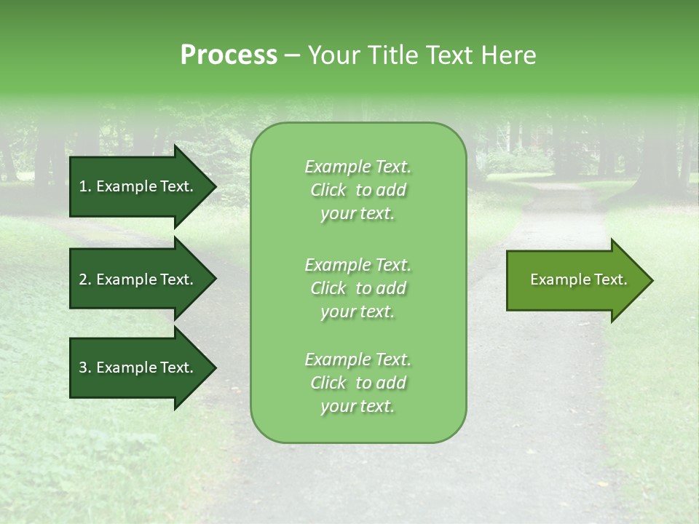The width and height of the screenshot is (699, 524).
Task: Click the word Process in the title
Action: pos(229,56)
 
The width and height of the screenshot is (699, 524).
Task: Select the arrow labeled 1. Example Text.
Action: pos(143,186)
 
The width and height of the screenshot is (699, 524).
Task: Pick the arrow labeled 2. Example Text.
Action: pos(143,279)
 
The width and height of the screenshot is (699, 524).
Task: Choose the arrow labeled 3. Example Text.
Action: pos(143,368)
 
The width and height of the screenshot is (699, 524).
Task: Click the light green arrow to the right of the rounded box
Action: pos(580,280)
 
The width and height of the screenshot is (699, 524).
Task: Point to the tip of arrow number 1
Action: pos(217,186)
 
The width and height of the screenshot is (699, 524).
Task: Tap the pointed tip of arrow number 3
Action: pos(217,368)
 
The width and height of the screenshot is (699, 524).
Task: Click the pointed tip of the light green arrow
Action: pos(653,280)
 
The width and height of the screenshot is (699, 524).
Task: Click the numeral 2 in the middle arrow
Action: pos(83,279)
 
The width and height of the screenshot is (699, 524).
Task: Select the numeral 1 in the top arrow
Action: pos(83,186)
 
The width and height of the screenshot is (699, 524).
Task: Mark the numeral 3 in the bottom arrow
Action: pos(83,368)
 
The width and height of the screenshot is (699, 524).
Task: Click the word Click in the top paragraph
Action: pos(328,190)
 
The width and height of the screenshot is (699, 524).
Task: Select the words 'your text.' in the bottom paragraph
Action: pos(358,406)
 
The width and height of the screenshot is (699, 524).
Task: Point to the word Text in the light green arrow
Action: pos(611,279)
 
